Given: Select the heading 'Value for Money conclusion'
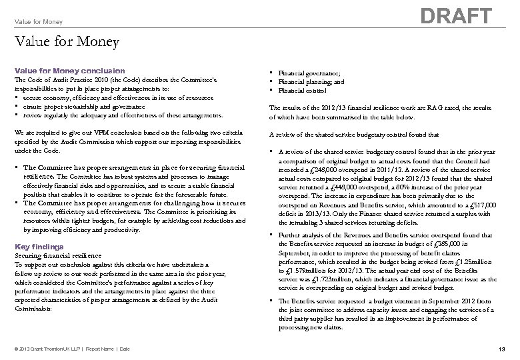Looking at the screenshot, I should (x=69, y=71).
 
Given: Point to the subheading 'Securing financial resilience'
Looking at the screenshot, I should (x=59, y=255).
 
